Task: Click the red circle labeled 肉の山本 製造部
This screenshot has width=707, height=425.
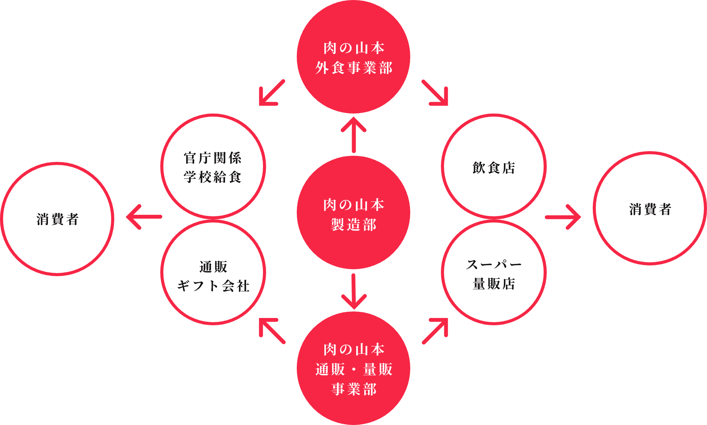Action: click(353, 213)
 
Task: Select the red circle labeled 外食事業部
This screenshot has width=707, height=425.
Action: click(353, 58)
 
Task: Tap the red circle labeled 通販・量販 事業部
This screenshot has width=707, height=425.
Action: click(353, 368)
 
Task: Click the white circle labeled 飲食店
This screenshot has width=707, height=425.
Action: click(494, 167)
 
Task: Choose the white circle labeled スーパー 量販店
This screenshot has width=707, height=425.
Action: click(494, 273)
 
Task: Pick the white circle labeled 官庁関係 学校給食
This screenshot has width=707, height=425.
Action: click(213, 166)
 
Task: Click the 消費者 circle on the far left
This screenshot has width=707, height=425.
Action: click(58, 219)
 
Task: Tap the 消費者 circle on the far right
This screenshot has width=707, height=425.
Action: click(650, 209)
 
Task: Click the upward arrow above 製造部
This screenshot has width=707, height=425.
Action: click(353, 134)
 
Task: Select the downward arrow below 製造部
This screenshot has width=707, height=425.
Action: click(353, 292)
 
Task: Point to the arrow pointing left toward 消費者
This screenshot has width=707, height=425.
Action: click(144, 217)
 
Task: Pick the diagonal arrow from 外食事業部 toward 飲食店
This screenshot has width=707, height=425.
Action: click(436, 92)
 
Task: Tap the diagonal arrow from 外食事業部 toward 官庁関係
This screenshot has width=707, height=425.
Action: click(272, 92)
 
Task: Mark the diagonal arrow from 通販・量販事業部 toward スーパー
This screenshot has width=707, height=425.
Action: click(436, 331)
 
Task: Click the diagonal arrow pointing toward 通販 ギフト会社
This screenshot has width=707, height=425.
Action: click(272, 331)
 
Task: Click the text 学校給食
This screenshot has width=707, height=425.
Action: click(213, 177)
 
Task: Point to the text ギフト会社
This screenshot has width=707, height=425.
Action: click(213, 286)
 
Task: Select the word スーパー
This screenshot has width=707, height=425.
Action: click(494, 264)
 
